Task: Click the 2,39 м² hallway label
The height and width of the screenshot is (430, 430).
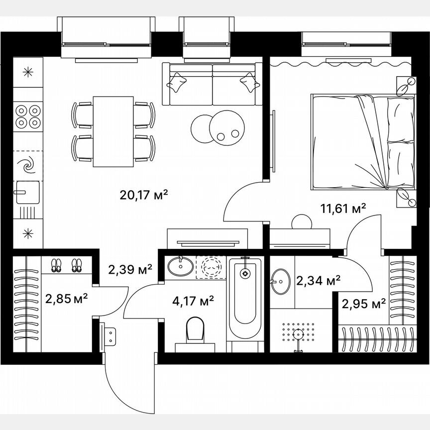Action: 130,269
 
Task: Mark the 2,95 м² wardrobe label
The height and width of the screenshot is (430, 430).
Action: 363,303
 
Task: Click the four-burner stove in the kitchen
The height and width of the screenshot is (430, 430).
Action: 27,115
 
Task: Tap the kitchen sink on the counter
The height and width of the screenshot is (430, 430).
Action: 27,192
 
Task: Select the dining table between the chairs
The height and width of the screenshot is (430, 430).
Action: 113,131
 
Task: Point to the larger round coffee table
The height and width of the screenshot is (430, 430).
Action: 227,126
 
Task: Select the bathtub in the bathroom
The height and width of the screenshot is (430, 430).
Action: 244,299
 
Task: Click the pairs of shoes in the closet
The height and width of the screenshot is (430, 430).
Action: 66,265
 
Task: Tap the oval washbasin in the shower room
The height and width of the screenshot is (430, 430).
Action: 282,281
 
